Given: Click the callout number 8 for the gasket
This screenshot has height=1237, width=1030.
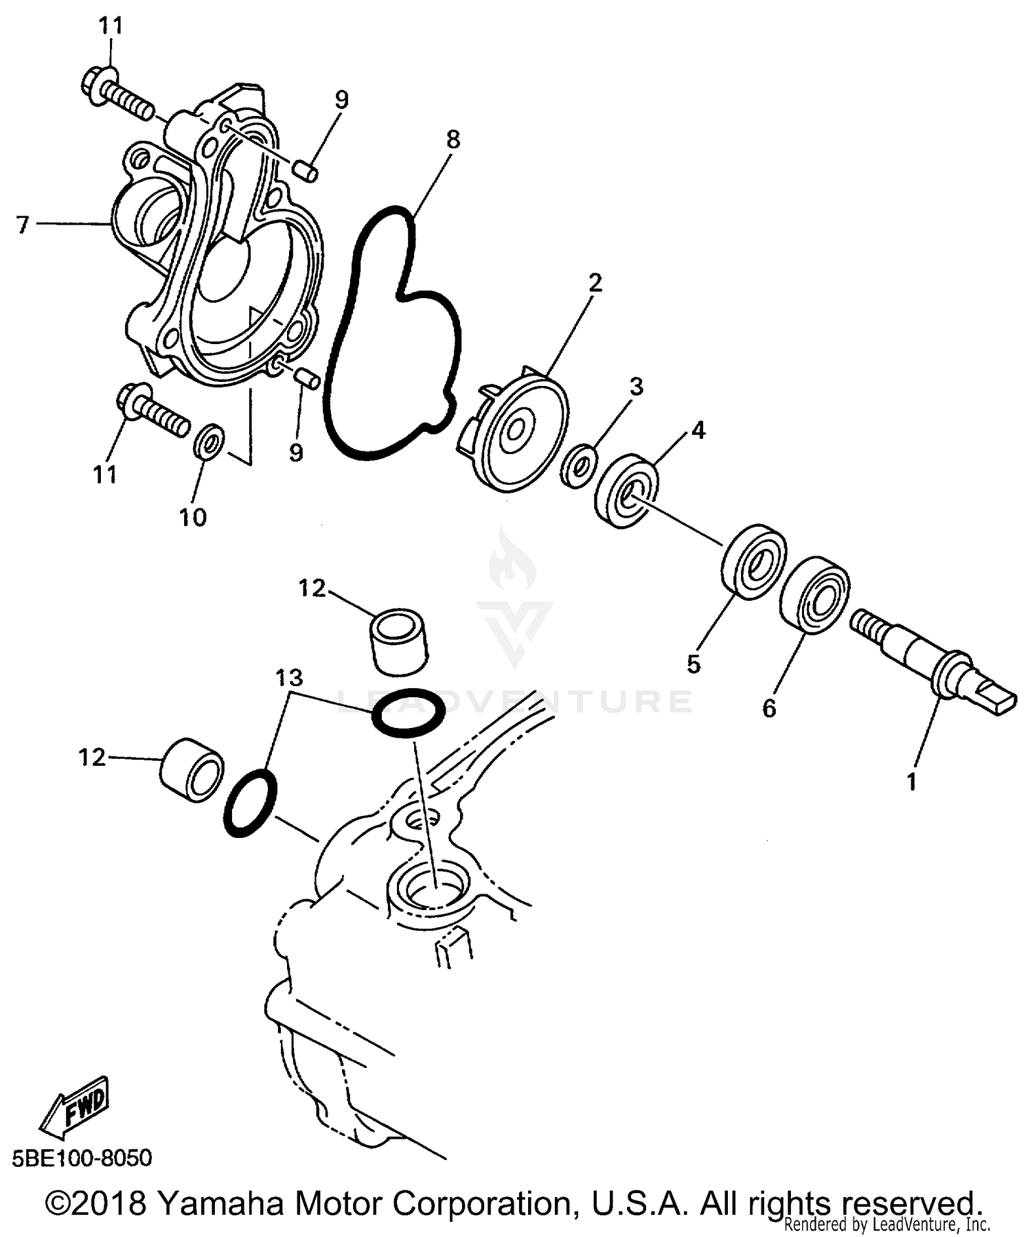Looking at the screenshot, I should (x=453, y=139).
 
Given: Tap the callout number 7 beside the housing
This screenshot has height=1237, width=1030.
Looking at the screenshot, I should (x=23, y=224).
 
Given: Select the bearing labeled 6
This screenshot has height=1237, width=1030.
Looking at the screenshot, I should (x=815, y=595).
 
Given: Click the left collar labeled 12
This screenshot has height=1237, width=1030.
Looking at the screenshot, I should (x=192, y=771).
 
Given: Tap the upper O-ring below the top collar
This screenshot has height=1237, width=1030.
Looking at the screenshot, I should (x=408, y=714).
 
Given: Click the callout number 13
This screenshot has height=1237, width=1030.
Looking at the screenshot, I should (x=289, y=678).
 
